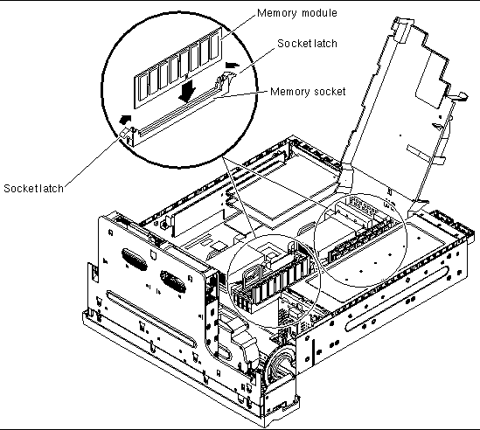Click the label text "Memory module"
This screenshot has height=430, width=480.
[297, 13]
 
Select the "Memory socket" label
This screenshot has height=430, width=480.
[308, 92]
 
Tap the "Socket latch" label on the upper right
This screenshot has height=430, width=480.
[307, 44]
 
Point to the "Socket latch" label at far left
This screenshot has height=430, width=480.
[33, 188]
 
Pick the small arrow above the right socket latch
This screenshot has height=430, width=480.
[232, 65]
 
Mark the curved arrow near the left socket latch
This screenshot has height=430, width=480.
[125, 119]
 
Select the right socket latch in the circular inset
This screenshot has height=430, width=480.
[225, 81]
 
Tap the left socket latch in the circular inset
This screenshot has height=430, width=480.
[127, 135]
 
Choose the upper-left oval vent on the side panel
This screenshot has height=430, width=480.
[134, 260]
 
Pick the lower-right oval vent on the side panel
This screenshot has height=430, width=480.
[172, 281]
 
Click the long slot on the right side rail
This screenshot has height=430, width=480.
[398, 298]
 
